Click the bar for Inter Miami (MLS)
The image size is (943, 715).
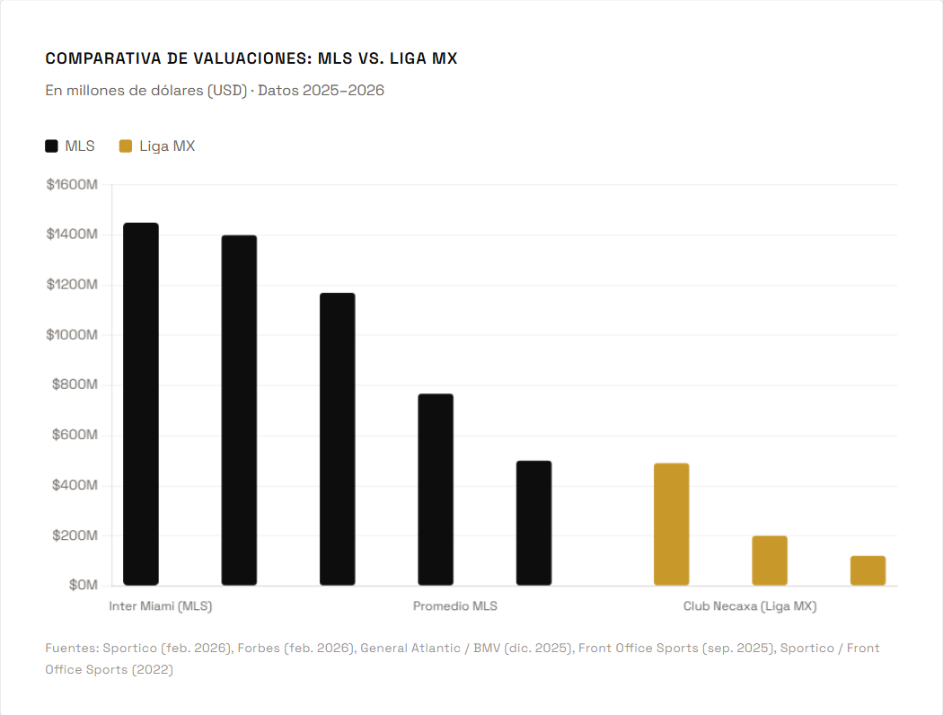141,404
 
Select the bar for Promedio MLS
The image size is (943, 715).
436,490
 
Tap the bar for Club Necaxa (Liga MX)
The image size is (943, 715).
770,561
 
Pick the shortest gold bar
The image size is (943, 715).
868,570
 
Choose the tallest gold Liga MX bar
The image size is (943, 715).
671,525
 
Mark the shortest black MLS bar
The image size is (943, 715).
533,523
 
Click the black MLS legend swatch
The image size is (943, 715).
52,146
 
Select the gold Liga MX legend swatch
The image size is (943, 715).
126,146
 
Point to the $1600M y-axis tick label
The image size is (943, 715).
72,184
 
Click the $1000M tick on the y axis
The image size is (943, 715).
72,335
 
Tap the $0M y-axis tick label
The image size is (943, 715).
83,585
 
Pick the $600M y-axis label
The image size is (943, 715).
75,435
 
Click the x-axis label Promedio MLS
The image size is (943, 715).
454,606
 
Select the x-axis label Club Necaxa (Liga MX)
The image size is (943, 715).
750,606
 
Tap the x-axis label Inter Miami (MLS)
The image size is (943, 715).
161,606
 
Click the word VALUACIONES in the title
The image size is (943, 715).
239,59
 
